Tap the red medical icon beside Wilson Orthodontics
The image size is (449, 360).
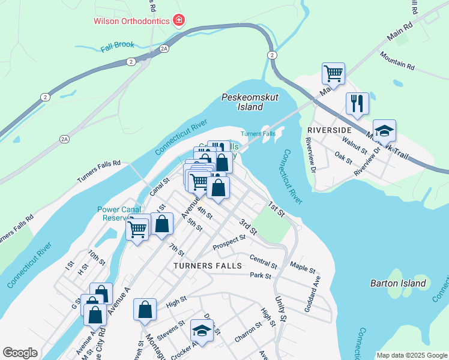pos(178,21)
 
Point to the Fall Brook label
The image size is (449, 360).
pos(118,45)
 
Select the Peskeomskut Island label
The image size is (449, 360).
pos(243,102)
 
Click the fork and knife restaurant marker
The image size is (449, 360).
pos(357,103)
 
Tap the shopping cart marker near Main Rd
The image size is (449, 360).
pos(333,73)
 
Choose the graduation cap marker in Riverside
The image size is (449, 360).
pos(384,130)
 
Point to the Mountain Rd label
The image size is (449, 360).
pos(397,60)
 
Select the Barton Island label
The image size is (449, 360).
pos(398,283)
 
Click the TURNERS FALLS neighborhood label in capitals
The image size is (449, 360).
pos(208,265)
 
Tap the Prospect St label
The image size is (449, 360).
pos(229,242)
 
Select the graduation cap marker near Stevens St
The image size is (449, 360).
pos(202,331)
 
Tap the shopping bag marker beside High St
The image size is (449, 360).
pos(145,310)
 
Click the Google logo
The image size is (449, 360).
pos(20,353)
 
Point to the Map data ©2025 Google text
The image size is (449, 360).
pos(412,355)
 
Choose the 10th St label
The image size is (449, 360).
pos(96,258)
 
